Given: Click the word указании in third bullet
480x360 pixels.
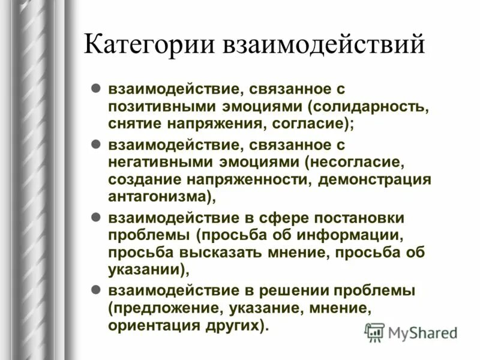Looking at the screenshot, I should (145, 268).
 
